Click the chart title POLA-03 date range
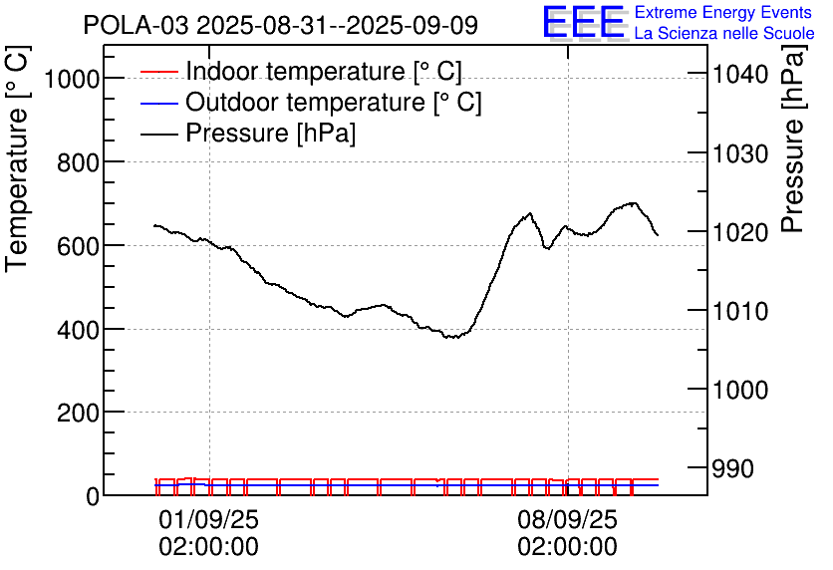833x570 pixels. coord(280,25)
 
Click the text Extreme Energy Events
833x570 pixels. coord(722,13)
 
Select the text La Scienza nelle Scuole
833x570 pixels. coord(724,33)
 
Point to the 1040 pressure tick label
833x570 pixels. coord(738,75)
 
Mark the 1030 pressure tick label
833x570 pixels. coord(738,153)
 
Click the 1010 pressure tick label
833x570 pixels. coord(738,311)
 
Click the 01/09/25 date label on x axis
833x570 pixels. coord(208,520)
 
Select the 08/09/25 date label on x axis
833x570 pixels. coord(567,520)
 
